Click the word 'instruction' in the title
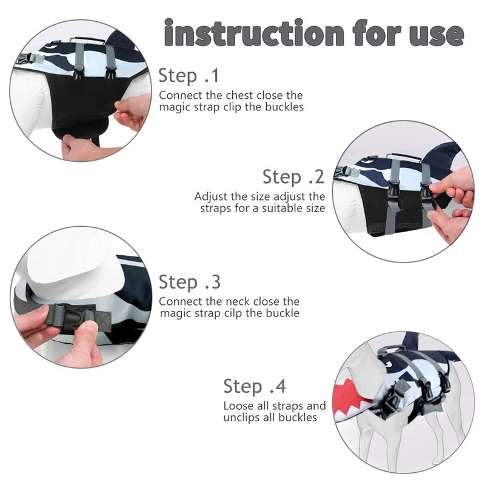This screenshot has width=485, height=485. coord(254,33)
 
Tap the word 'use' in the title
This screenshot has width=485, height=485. coord(436,35)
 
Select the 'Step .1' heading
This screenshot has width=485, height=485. coord(189,76)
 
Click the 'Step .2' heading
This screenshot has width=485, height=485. coord(293,177)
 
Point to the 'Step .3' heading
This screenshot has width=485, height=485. coord(190,282)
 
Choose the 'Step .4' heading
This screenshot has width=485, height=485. coord(255,386)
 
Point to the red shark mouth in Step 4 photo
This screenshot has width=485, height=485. coord(351,401)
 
